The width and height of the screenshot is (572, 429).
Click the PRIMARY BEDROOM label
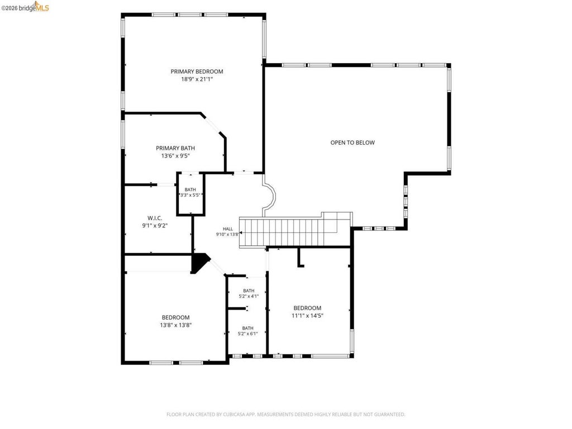197,71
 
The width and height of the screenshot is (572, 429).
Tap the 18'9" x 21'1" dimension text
197,79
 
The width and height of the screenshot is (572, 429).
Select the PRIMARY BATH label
175,148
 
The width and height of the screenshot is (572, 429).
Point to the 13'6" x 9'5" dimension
175,156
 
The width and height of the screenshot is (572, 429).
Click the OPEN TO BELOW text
352,142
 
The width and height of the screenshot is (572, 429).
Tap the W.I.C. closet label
155,218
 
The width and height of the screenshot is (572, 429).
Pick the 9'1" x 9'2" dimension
155,226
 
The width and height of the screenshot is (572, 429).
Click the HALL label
228,229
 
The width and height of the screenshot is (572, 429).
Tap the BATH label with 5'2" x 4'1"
249,290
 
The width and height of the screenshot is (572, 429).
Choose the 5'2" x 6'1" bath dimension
247,333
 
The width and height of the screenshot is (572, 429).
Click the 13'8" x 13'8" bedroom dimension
176,325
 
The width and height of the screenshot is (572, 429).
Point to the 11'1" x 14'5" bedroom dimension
308,316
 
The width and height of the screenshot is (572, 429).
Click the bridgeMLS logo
25,7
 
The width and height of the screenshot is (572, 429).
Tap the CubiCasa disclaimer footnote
285,414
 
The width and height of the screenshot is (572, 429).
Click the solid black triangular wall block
199,263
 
